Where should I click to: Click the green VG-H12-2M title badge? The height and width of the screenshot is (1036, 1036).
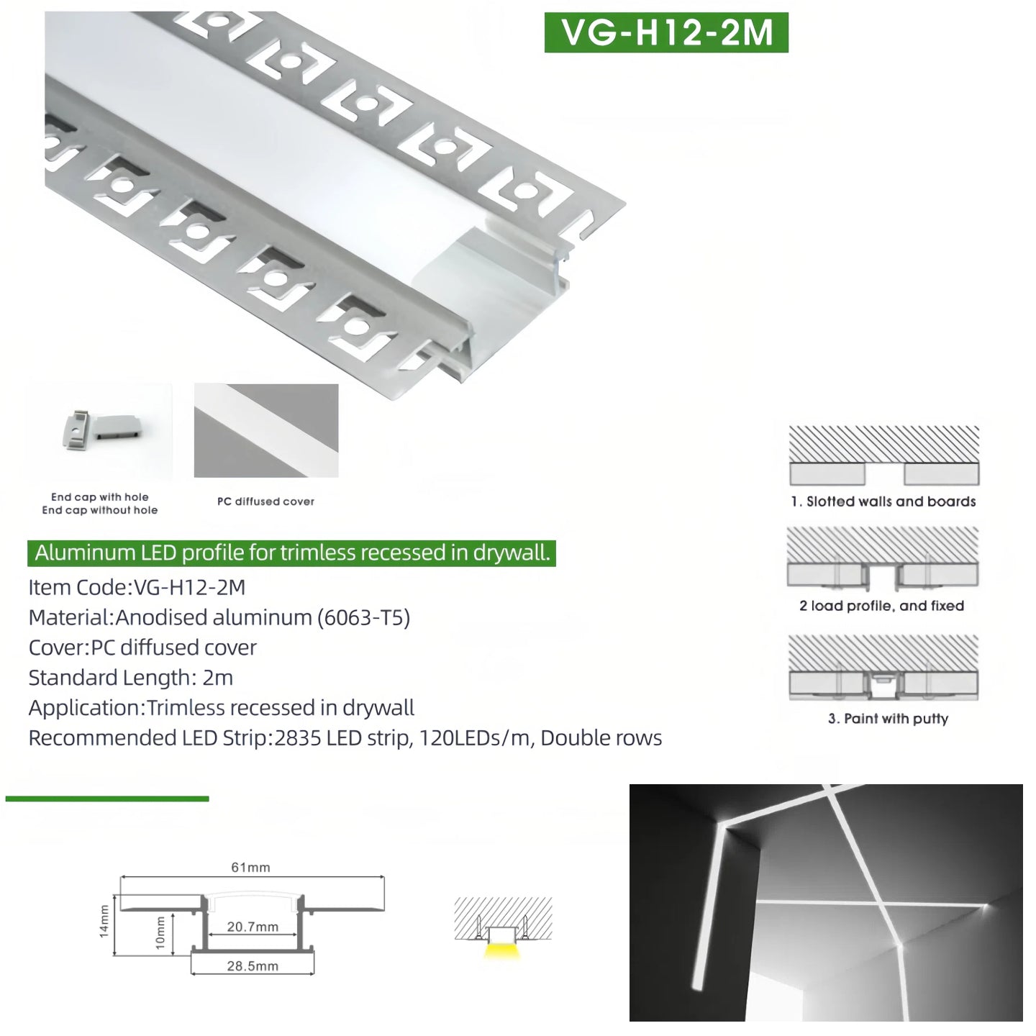pos(666,32)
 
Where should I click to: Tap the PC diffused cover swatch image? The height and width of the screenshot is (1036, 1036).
pos(266,430)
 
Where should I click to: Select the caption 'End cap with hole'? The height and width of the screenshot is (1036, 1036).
pos(99,496)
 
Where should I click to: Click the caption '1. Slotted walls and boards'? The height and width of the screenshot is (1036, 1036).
pos(883,501)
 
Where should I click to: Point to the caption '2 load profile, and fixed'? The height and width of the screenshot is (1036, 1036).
pos(882,605)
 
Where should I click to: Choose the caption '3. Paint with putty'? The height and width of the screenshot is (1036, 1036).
pos(888,718)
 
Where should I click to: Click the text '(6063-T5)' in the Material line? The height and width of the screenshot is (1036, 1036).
pos(363,617)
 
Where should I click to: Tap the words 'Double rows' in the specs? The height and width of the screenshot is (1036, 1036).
pos(601,737)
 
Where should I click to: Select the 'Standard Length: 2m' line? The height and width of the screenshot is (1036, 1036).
pos(131,678)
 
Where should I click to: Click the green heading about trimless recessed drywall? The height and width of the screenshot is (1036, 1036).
pos(291,553)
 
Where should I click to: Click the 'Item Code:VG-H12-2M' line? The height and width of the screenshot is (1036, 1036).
pos(137,587)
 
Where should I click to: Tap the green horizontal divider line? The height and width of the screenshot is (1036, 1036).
pos(107,799)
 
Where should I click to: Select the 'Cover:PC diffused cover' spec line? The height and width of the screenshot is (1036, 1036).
pos(142,647)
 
